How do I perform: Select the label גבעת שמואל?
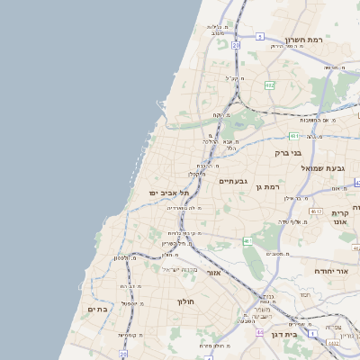327,168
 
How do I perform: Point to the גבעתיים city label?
234,182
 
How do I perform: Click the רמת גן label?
270,187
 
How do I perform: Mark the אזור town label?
213,273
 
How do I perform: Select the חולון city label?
186,301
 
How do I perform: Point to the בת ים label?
97,309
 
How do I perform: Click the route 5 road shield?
260,37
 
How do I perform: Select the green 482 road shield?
269,85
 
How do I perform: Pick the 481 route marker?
294,136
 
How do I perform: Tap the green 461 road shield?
247,241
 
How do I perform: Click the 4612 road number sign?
316,211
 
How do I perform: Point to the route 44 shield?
260,332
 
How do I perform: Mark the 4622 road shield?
334,342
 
